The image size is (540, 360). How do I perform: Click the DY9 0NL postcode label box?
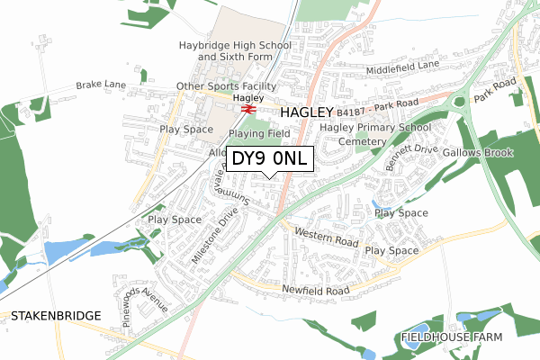[x=270, y=159]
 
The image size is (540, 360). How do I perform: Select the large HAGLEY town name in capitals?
[x=307, y=113]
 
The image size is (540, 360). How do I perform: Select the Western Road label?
[x=327, y=238]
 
